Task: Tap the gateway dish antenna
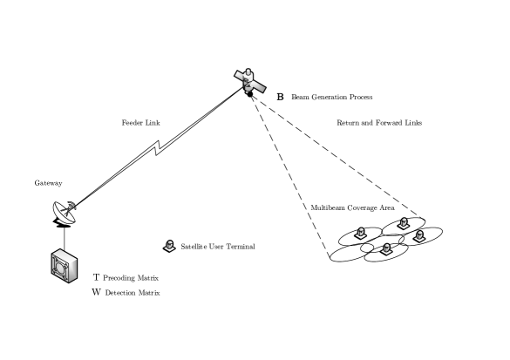click(x=64, y=210)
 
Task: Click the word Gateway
click(x=49, y=184)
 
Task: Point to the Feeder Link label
click(x=139, y=123)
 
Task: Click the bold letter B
click(x=280, y=96)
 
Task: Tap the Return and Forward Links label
click(x=379, y=123)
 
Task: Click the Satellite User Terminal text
click(x=218, y=248)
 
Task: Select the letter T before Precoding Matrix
click(x=96, y=276)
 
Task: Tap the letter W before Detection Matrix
click(x=96, y=292)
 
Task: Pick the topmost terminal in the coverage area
click(x=402, y=223)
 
